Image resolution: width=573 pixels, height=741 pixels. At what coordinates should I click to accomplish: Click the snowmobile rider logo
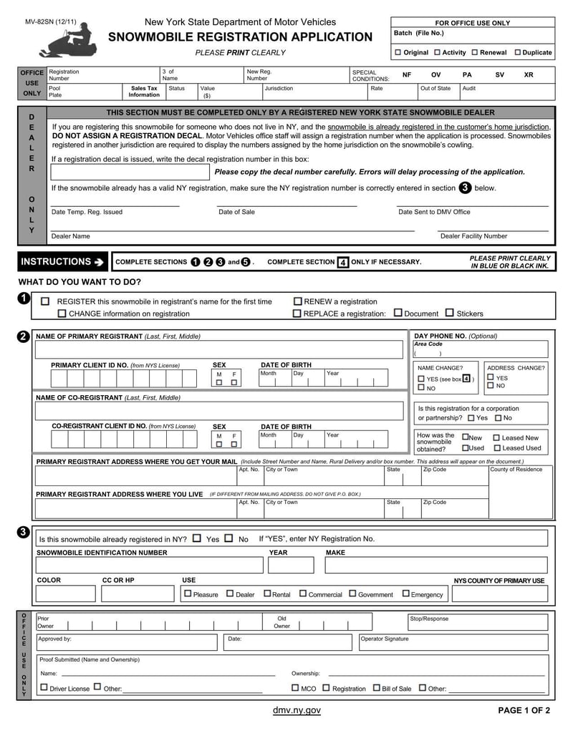pyautogui.click(x=67, y=41)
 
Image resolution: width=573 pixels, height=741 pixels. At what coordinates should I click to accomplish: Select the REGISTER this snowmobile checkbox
pyautogui.click(x=45, y=301)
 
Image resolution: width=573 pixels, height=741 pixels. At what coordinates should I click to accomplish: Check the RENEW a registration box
pyautogui.click(x=297, y=301)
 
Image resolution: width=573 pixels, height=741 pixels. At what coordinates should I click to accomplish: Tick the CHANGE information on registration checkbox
pyautogui.click(x=62, y=314)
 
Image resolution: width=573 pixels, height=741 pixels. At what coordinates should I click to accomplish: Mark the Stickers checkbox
pyautogui.click(x=450, y=313)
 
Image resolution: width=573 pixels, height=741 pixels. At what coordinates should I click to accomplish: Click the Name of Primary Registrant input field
pyautogui.click(x=219, y=349)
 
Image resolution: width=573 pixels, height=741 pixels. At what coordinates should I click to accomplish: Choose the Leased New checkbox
pyautogui.click(x=496, y=437)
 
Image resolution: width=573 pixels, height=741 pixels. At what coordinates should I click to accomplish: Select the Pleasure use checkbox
pyautogui.click(x=188, y=594)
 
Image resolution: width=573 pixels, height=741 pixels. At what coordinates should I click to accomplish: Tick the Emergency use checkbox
pyautogui.click(x=405, y=594)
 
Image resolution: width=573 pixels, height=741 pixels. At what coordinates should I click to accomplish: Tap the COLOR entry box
pyautogui.click(x=65, y=594)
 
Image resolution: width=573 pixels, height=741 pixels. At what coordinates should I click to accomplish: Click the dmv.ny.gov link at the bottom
pyautogui.click(x=297, y=710)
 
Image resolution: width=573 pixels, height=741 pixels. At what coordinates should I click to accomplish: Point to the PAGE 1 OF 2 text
pyautogui.click(x=524, y=710)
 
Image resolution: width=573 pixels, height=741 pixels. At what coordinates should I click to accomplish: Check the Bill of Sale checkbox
pyautogui.click(x=376, y=688)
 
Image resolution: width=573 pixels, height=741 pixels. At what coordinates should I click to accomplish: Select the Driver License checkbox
pyautogui.click(x=44, y=687)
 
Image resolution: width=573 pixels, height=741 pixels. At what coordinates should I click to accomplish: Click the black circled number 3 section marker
pyautogui.click(x=23, y=532)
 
